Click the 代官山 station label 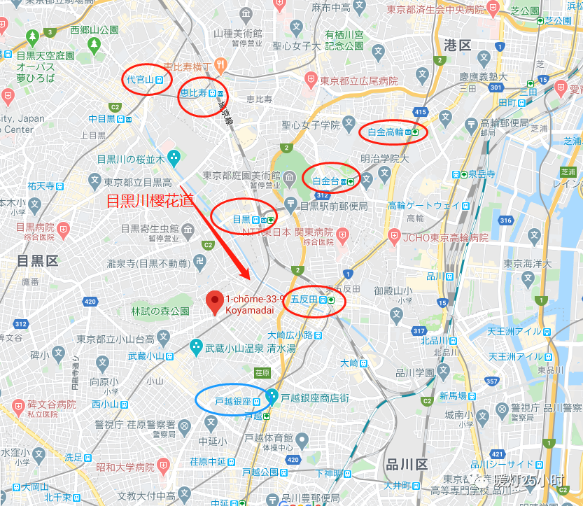tap(140, 80)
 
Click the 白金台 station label tap(325, 181)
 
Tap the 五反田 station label tap(304, 299)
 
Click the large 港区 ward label tap(458, 45)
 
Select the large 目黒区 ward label tap(37, 261)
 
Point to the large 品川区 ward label tap(406, 465)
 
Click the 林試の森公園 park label tap(160, 311)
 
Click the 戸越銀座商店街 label tap(315, 398)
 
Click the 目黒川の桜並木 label tap(130, 159)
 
